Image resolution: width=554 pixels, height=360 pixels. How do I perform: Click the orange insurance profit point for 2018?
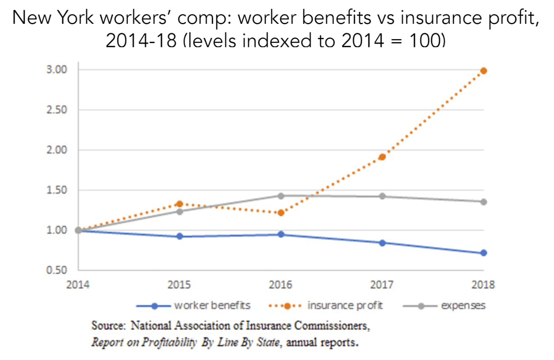[483, 71]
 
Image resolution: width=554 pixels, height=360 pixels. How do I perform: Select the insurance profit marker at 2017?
[382, 157]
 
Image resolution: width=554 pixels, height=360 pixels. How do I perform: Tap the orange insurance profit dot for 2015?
[179, 204]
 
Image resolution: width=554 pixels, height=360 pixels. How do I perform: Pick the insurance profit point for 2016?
[281, 212]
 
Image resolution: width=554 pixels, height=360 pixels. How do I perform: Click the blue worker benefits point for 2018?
[483, 253]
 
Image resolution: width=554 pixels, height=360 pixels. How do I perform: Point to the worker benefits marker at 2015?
[179, 236]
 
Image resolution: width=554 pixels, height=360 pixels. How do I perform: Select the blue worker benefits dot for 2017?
[382, 243]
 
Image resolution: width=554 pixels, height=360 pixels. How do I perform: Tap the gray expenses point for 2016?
[281, 196]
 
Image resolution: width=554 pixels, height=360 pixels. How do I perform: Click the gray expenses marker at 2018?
[483, 202]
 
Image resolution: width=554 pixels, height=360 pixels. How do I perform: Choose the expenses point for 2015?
[179, 211]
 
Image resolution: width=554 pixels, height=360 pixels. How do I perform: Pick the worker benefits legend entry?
[193, 306]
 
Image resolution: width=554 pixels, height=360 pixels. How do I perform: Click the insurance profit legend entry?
[327, 306]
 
